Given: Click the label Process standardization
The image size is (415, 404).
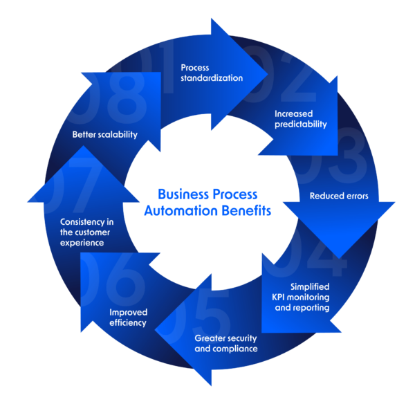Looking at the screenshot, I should click(x=211, y=73).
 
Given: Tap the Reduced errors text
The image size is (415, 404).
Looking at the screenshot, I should click(x=339, y=196).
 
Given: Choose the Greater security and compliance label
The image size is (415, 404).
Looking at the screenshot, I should click(x=225, y=344).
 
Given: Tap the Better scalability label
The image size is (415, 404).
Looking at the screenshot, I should click(x=105, y=134).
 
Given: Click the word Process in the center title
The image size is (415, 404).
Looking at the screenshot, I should click(x=235, y=194).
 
